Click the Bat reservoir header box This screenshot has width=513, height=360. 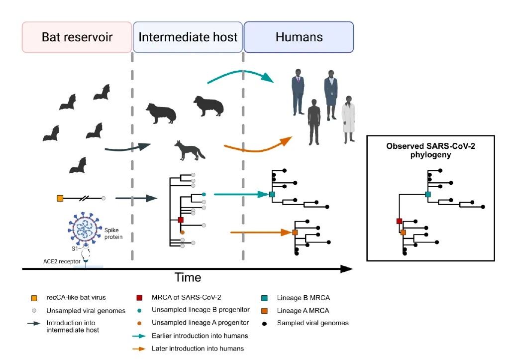point(77,37)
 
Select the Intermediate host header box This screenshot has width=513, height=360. point(188,37)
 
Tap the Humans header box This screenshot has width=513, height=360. point(299,37)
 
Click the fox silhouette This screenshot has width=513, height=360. point(189,150)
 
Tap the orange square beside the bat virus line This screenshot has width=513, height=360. point(60,199)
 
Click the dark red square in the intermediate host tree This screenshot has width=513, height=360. point(181,220)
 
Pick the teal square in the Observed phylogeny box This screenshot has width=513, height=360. point(427,194)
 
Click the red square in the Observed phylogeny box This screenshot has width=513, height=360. point(399,221)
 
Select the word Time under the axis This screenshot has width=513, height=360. point(188,277)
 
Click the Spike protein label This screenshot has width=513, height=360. point(112,234)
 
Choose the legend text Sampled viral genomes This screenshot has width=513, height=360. point(313,323)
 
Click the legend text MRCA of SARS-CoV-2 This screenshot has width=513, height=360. point(181,298)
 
